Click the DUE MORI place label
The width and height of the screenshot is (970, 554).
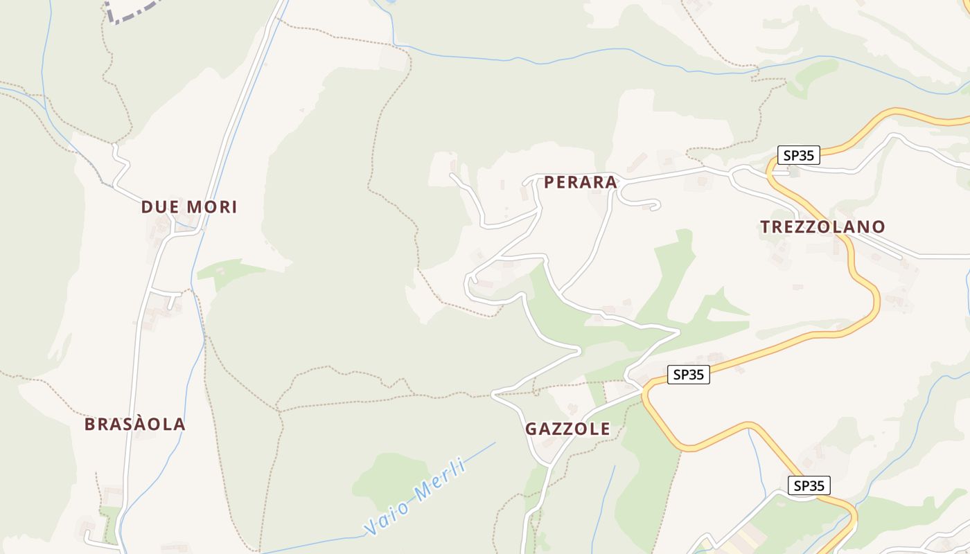189,206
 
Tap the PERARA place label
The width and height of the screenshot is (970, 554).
581,182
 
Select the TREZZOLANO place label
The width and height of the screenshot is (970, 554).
822,226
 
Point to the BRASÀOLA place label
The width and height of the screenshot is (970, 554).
135,424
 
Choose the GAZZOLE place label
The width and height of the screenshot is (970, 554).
567,429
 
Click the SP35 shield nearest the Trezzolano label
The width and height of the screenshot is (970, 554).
798,155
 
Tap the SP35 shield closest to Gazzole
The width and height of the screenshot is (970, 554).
689,375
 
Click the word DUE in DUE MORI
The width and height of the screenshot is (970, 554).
159,206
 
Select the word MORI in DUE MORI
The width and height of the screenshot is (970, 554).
212,206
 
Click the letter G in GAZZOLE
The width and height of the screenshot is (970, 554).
531,429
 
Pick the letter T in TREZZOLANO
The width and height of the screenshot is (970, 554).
765,226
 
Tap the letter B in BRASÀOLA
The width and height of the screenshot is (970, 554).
89,424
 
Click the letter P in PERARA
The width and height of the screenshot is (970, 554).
549,182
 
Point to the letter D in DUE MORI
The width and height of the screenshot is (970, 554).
147,206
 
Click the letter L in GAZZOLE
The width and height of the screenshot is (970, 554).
592,429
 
